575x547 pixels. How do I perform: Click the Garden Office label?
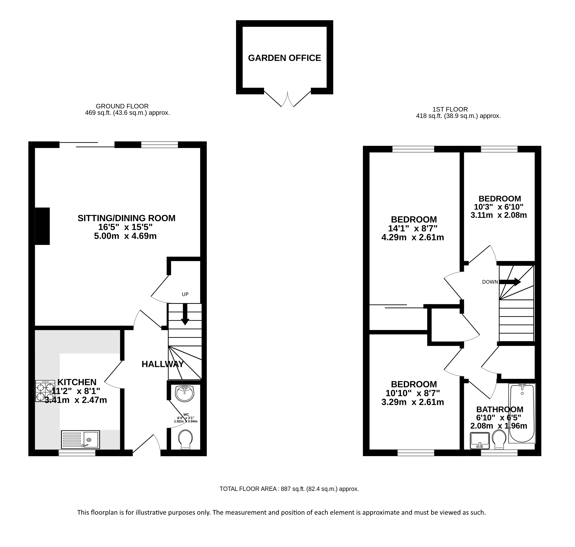point(284,58)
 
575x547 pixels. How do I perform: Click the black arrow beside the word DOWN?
point(510,282)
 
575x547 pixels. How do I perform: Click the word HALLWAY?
point(163,364)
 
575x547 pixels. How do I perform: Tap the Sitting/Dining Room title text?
point(126,218)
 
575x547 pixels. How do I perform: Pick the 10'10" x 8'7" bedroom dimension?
point(413,393)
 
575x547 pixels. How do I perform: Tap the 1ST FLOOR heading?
point(450,109)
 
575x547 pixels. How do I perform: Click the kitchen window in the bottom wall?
point(77,452)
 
